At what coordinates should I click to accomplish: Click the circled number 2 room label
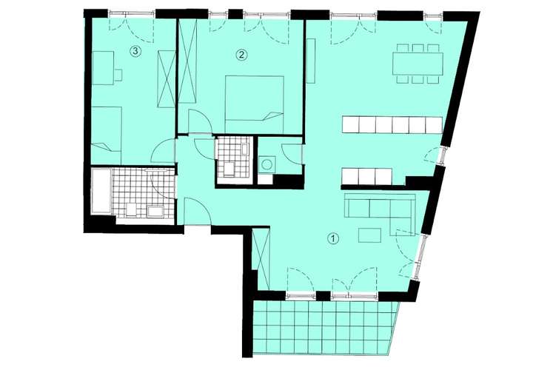click(x=241, y=54)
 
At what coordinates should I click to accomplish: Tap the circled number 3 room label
click(x=135, y=51)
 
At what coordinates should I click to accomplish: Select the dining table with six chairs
click(x=417, y=63)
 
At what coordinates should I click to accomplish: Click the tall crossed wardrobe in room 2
click(x=188, y=63)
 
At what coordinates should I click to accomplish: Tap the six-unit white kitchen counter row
click(x=392, y=124)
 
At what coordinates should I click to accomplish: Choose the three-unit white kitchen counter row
click(x=366, y=177)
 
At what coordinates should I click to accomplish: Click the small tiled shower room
click(x=232, y=158)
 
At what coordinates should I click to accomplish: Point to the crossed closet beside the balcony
click(x=260, y=259)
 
